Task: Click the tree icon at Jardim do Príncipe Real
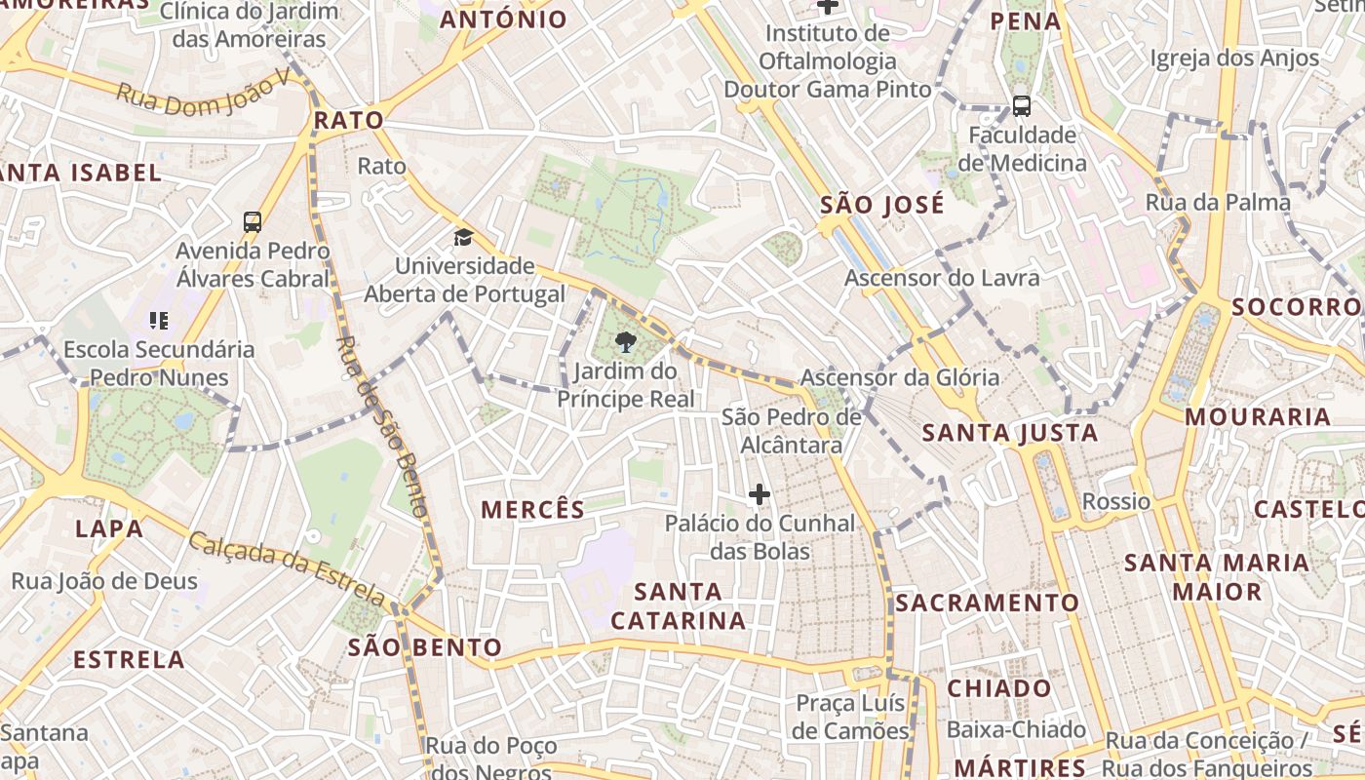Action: pos(625,341)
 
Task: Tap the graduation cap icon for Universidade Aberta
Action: pos(463,237)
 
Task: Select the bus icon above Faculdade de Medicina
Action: pos(1021,106)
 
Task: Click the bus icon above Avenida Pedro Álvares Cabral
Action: pos(253,222)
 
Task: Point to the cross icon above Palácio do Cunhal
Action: pos(759,494)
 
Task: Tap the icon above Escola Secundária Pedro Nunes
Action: pos(159,320)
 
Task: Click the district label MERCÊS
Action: pos(532,509)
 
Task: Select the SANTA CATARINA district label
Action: pos(678,605)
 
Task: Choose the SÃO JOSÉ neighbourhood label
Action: pos(882,205)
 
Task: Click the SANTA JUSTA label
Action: pos(1010,432)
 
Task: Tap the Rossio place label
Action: pos(1116,501)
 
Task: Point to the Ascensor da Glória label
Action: pos(899,377)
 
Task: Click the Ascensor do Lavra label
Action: pos(942,278)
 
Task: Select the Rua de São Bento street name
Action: pos(381,426)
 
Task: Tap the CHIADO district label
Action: pos(999,688)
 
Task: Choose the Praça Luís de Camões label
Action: pos(851,717)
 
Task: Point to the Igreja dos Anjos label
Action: pos(1234,58)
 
